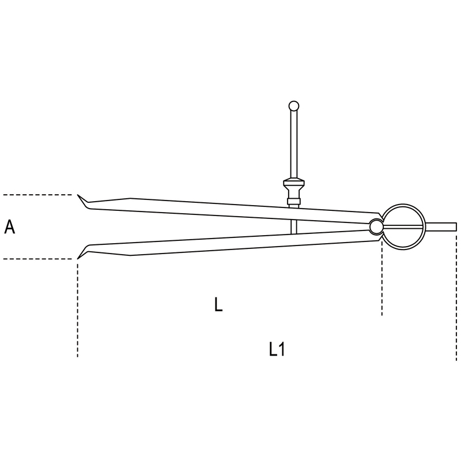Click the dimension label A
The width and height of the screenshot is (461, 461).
click(x=9, y=227)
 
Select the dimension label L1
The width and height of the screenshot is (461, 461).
click(x=277, y=350)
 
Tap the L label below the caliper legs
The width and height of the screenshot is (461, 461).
click(x=218, y=304)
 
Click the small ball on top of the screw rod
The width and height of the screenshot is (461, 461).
click(x=294, y=106)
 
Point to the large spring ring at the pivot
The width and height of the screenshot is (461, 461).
click(x=404, y=205)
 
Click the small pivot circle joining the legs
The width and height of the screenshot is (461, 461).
click(x=376, y=226)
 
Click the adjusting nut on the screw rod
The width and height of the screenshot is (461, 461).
click(x=294, y=185)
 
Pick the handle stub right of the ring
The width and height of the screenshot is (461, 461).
click(x=441, y=226)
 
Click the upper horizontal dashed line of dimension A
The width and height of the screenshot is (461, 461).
click(x=37, y=195)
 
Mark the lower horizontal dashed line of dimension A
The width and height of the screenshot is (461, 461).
click(x=37, y=259)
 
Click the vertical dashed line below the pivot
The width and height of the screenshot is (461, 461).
click(x=382, y=278)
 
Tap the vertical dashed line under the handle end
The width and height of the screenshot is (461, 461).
click(x=456, y=296)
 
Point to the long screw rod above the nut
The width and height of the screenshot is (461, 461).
click(x=294, y=144)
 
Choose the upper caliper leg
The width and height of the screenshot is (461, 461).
click(x=229, y=210)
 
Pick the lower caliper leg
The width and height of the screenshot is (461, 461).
click(x=229, y=244)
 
